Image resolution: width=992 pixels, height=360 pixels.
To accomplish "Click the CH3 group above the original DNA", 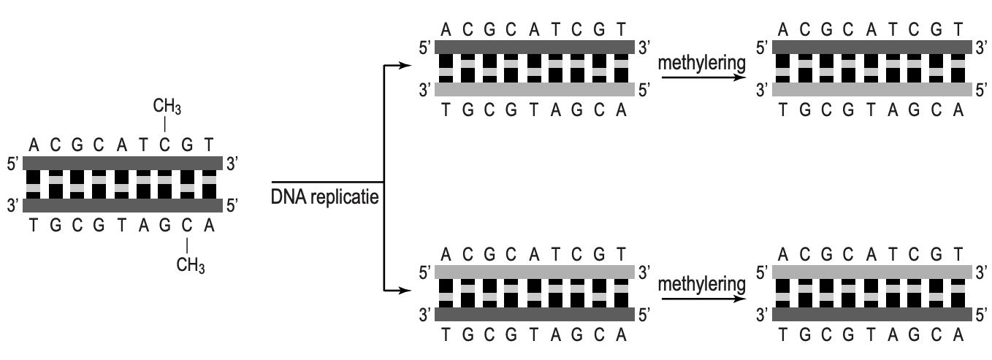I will [167, 107].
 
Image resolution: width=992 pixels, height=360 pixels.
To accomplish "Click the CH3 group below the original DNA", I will [191, 264].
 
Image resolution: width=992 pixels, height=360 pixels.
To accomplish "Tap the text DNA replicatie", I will [325, 198].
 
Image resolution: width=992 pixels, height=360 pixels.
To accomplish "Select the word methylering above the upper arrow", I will [701, 64].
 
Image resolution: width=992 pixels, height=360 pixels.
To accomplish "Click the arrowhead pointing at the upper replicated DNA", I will [397, 65].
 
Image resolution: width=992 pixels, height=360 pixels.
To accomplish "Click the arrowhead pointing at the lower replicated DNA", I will [397, 291].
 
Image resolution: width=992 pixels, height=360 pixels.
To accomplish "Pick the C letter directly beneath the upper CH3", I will [167, 145].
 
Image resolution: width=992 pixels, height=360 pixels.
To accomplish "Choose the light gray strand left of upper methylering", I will [534, 90].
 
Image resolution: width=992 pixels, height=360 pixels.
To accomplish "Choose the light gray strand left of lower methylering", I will [534, 271].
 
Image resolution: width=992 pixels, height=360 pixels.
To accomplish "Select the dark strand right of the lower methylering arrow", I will [872, 314].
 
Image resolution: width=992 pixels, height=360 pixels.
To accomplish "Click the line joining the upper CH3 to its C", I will [167, 125].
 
